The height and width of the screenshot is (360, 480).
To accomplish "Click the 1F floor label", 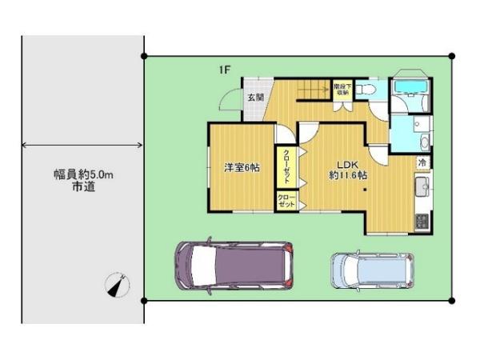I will pyautogui.click(x=227, y=70).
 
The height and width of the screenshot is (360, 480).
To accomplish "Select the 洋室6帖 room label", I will pyautogui.click(x=241, y=167).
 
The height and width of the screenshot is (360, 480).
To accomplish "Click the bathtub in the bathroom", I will pyautogui.click(x=412, y=87).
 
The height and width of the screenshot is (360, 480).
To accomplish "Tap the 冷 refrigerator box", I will pyautogui.click(x=422, y=162).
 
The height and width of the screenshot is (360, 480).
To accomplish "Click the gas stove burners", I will pyautogui.click(x=422, y=220).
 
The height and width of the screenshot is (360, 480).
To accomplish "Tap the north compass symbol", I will pyautogui.click(x=118, y=283).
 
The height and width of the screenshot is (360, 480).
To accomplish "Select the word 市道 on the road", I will pyautogui.click(x=83, y=188).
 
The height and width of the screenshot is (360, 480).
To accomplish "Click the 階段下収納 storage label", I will pyautogui.click(x=342, y=88).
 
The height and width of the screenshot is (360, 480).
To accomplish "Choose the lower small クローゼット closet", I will pyautogui.click(x=286, y=202).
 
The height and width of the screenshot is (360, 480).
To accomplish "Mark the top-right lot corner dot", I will pyautogui.click(x=452, y=56).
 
